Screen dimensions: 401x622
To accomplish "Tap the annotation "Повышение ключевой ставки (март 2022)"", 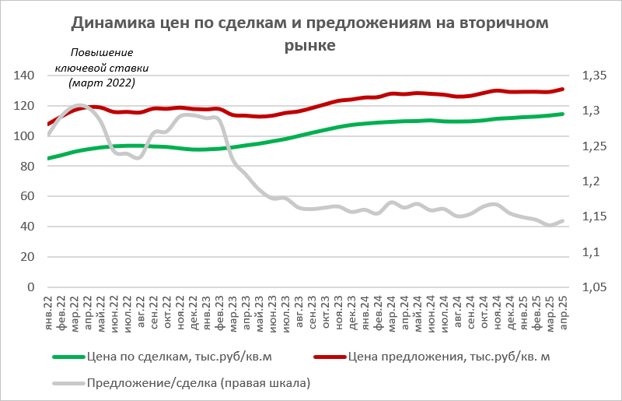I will (102, 68).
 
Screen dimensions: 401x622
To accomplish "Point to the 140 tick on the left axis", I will (26, 76).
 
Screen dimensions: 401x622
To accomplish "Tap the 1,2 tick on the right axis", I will (590, 181).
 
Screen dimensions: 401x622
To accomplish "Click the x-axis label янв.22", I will (49, 310).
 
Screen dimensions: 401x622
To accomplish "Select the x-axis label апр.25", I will (564, 310).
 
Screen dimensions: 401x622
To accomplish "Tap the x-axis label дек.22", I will (194, 310).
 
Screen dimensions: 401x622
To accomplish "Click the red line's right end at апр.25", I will (563, 89).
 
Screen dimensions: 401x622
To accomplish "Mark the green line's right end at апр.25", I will (563, 114).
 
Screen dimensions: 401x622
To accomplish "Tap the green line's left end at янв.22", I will (49, 158).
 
